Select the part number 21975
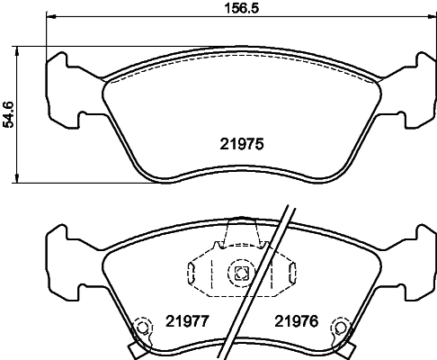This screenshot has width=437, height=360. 240,142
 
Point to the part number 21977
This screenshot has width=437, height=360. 185,320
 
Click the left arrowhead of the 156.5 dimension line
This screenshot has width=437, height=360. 49,18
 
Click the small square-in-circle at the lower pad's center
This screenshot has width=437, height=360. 240,274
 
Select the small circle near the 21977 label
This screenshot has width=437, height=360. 140,328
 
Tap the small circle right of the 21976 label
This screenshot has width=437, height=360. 339,328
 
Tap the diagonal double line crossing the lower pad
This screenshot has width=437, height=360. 261,279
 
